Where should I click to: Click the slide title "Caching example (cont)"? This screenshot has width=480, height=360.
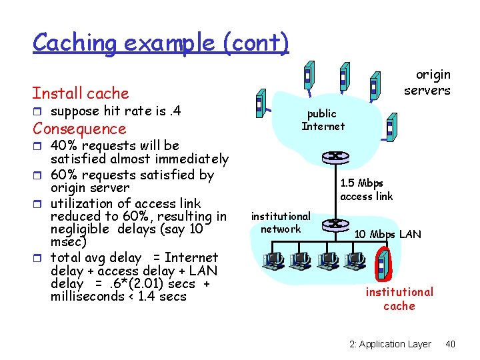pos(161,43)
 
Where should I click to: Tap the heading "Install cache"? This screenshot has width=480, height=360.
pos(81,93)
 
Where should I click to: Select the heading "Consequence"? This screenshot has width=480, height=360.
pos(79,129)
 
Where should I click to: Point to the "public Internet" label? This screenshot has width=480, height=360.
pos(323,120)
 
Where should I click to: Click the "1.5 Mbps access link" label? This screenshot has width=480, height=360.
pos(366,189)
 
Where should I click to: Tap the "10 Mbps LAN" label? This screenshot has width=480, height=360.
pos(387,234)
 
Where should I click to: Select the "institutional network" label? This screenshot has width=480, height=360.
pos(281,223)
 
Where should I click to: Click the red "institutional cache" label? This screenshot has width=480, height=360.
pos(399,299)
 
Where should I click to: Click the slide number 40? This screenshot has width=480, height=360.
pos(450,344)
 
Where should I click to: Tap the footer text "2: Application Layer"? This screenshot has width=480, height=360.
pos(390,344)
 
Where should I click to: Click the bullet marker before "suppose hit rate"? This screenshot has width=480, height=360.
pos(37,111)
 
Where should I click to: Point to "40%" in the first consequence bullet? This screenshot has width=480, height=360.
pos(65,145)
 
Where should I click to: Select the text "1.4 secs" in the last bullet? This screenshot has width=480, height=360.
pos(164,296)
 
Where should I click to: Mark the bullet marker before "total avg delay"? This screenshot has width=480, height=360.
pos(37,257)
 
